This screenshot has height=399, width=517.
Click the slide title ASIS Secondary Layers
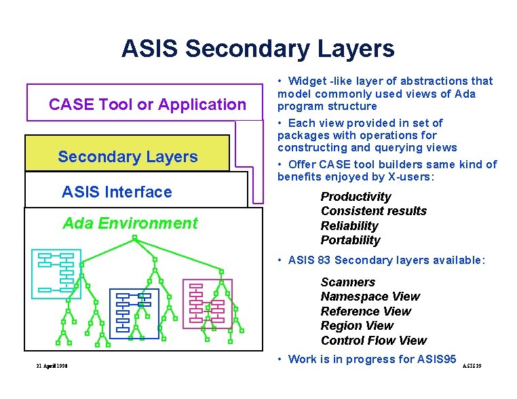pos(258,49)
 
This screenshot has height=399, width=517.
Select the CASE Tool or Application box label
pos(147,104)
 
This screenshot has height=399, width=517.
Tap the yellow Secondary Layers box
pos(128,157)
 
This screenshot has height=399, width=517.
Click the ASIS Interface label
pos(117,192)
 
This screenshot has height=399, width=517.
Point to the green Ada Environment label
pos(130,223)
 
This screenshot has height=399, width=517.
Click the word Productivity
pos(356,197)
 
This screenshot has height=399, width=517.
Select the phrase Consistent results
pos(373,211)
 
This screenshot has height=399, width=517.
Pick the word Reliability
pos(349,226)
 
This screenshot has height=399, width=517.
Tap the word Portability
pos(350,240)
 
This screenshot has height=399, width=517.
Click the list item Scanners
pos(347,282)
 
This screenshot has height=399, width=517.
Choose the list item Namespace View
pos(370,297)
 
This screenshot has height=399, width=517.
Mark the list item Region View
pos(357,326)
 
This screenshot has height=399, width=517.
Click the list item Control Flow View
pos(373,341)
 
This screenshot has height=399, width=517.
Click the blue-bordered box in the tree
pos(134,313)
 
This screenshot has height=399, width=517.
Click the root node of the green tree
pos(135,238)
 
